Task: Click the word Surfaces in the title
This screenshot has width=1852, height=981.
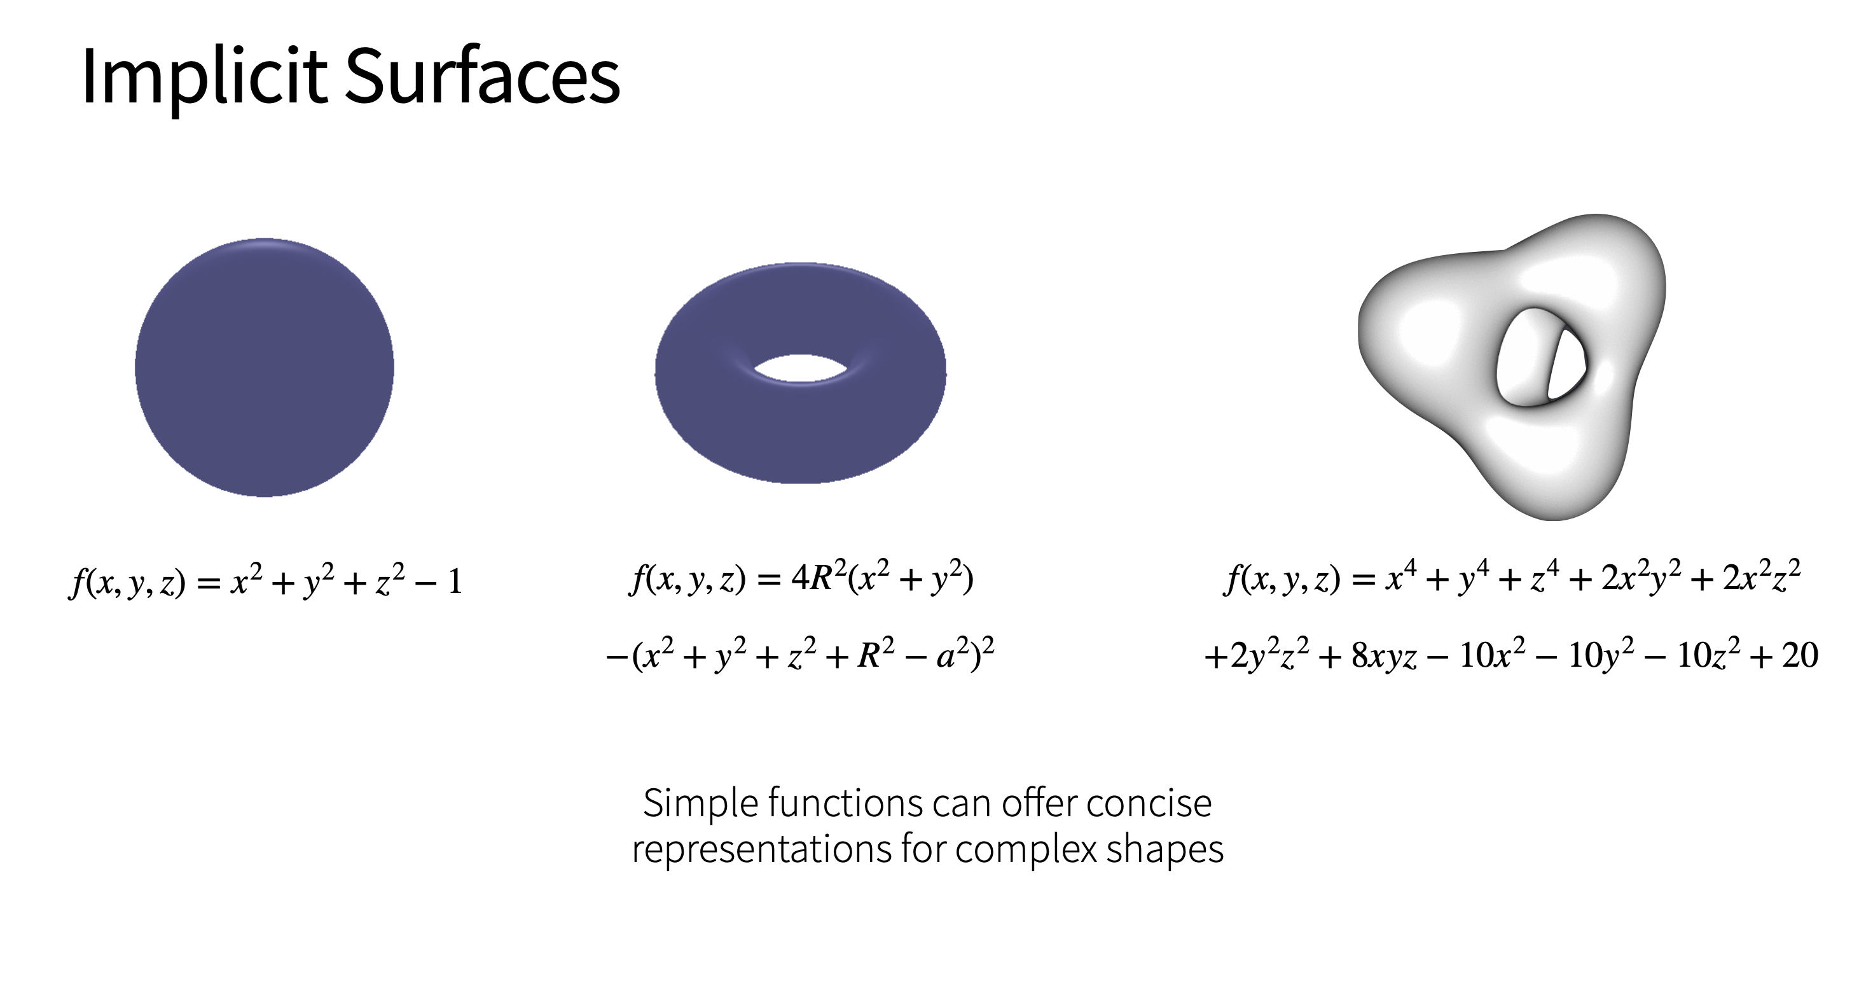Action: click(483, 76)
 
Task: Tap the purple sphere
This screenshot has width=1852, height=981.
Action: click(265, 367)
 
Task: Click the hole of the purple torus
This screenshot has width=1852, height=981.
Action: click(801, 368)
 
